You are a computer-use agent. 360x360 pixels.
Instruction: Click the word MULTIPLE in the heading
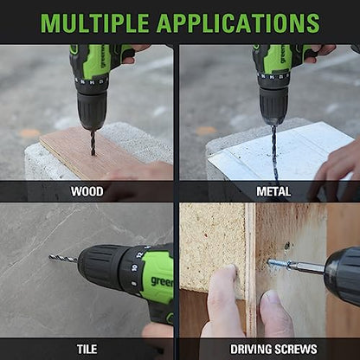pyautogui.click(x=94, y=22)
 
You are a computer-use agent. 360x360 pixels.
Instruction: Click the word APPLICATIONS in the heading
pyautogui.click(x=238, y=22)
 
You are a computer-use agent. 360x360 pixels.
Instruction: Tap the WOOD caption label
pyautogui.click(x=87, y=191)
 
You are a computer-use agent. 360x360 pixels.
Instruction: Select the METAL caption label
pyautogui.click(x=273, y=191)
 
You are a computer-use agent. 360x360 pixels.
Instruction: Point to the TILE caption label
pyautogui.click(x=87, y=349)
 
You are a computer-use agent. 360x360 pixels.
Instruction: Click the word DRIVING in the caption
pyautogui.click(x=251, y=350)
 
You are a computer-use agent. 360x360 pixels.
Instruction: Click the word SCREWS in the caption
pyautogui.click(x=296, y=350)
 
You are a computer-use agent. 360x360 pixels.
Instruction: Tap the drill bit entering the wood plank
pyautogui.click(x=93, y=143)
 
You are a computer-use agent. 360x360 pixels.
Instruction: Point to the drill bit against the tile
pyautogui.click(x=63, y=258)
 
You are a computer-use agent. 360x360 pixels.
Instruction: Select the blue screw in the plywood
pyautogui.click(x=276, y=263)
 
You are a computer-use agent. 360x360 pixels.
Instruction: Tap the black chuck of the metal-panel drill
pyautogui.click(x=273, y=106)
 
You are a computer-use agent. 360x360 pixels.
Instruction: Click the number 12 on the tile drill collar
pyautogui.click(x=140, y=254)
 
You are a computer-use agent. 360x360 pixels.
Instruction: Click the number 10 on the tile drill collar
pyautogui.click(x=134, y=267)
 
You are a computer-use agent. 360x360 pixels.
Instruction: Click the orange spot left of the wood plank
pyautogui.click(x=29, y=133)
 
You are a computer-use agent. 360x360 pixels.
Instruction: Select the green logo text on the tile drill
pyautogui.click(x=162, y=281)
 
